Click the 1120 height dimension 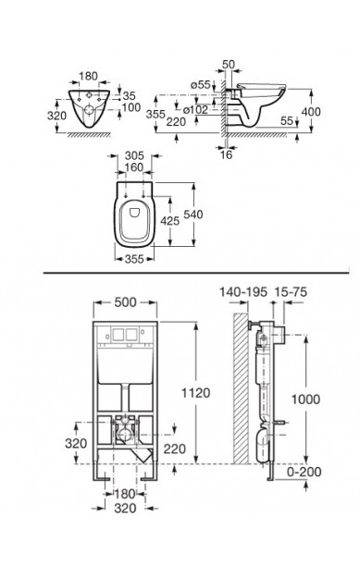point(195,393)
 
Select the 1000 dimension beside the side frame point(305,400)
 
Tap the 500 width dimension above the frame point(125,302)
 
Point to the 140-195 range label point(243,291)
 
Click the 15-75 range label point(291,291)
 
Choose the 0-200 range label point(304,472)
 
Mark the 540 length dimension point(193,214)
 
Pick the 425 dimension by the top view point(169,220)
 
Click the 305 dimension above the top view point(134,155)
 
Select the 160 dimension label point(134,167)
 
